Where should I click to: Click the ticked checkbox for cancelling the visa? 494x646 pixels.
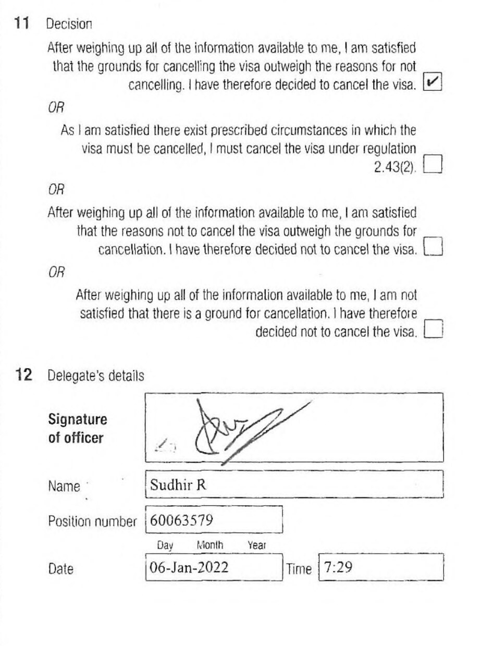(433, 81)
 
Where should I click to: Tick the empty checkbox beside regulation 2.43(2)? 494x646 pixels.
(434, 164)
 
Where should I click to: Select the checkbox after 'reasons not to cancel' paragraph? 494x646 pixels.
(434, 246)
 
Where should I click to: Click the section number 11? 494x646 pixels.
(23, 23)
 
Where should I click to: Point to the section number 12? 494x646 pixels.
(23, 375)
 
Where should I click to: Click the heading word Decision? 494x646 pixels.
(69, 24)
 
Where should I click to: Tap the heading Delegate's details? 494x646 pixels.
(96, 375)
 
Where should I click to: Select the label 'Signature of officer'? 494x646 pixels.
(78, 429)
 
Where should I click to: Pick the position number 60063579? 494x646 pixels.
(181, 520)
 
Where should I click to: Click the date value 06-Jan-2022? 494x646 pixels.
(189, 567)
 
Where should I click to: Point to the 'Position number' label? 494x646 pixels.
(92, 521)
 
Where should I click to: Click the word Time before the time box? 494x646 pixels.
(299, 569)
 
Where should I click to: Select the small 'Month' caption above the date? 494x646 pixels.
(210, 545)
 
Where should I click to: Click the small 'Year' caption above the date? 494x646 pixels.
(256, 545)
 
